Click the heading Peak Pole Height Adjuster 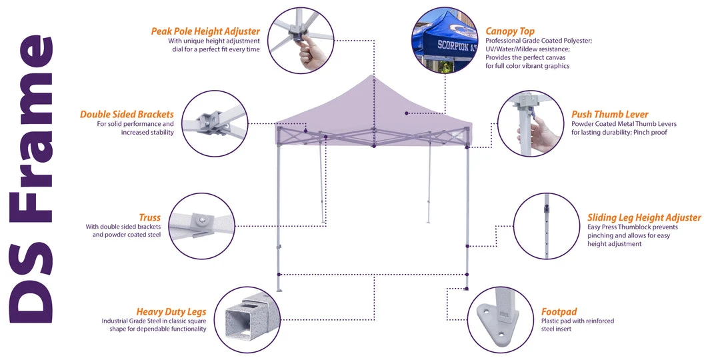(x=205, y=31)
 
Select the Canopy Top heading (x=510, y=31)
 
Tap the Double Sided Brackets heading (x=127, y=114)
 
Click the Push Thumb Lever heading (x=609, y=114)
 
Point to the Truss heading (x=149, y=217)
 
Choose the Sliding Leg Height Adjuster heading (x=644, y=217)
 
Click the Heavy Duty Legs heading (x=171, y=311)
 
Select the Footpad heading (x=559, y=311)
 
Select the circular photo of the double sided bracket (x=214, y=123)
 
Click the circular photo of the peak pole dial (x=302, y=40)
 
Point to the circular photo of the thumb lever (x=531, y=123)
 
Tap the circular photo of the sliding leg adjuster (x=547, y=226)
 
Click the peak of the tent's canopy (x=374, y=76)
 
